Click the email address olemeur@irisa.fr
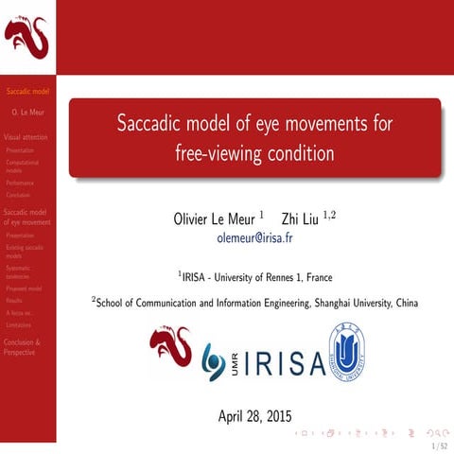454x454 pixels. (x=254, y=238)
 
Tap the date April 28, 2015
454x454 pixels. (x=254, y=415)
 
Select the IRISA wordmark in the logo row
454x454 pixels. (x=282, y=364)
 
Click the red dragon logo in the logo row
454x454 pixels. (x=170, y=350)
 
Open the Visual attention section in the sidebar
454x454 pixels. (x=26, y=137)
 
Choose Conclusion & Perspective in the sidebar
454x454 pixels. (x=23, y=346)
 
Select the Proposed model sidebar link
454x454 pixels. (x=24, y=288)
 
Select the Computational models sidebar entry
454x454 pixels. (x=22, y=166)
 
